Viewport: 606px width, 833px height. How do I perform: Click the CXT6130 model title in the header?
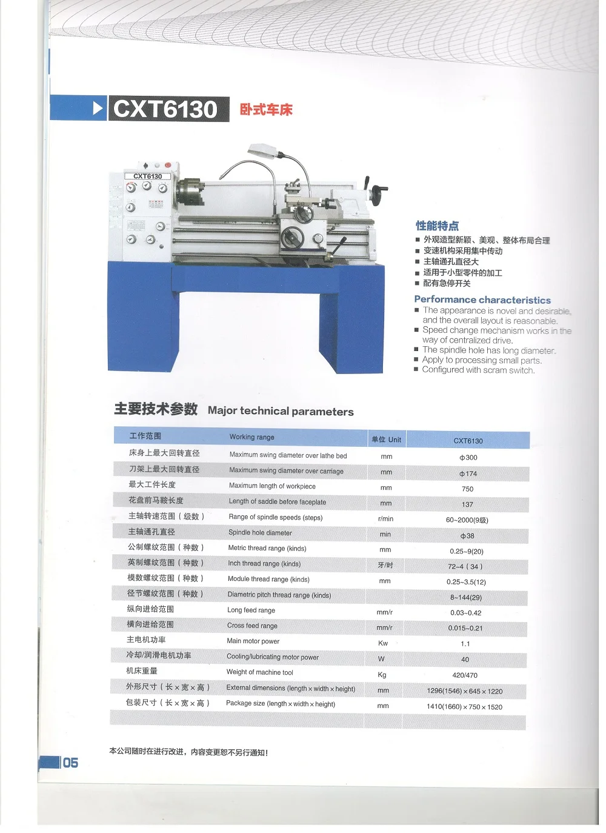coord(165,109)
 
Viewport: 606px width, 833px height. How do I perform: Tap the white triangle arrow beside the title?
coord(98,109)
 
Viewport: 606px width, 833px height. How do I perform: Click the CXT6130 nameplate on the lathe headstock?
coord(148,176)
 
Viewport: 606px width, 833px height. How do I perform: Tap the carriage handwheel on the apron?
coord(292,236)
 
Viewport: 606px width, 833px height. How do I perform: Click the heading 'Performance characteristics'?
coord(482,300)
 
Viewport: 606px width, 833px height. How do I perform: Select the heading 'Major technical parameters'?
coord(281,411)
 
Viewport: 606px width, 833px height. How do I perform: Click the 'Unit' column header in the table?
coord(386,440)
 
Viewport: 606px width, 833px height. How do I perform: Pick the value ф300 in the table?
coord(468,457)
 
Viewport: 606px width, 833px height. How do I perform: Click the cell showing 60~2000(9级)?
coord(467,520)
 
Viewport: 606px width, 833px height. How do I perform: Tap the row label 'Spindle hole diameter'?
coord(260,533)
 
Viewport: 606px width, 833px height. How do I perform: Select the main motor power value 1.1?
coord(465,644)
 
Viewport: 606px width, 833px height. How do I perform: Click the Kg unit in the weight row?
coord(382,675)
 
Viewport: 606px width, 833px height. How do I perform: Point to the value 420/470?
coord(465,675)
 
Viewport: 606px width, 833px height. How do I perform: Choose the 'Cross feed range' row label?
coord(252,626)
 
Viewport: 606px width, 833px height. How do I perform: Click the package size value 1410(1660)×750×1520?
coord(464,707)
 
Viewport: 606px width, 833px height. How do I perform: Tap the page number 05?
coord(70,763)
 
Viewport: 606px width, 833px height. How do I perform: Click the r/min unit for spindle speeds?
coord(385,518)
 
